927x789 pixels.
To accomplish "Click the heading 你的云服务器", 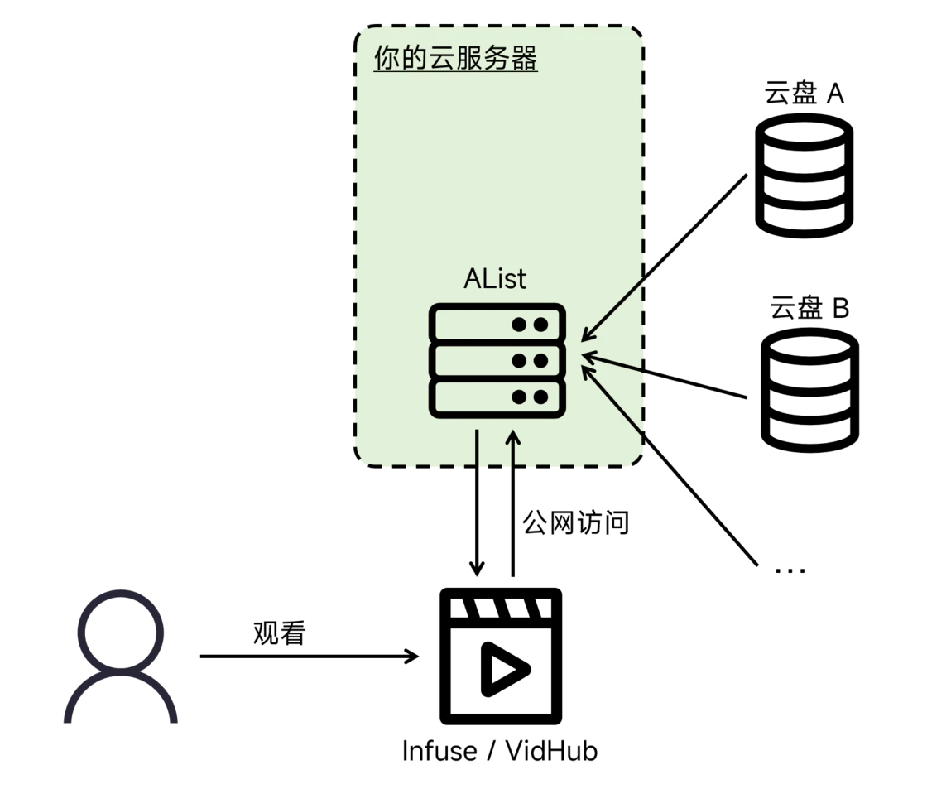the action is pos(455,58).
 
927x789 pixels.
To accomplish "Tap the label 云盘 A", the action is pos(804,93).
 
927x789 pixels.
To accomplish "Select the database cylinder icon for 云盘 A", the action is pos(804,176).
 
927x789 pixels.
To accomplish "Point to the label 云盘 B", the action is pos(809,307).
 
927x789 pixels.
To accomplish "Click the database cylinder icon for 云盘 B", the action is pos(809,390).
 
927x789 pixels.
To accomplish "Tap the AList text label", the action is pos(495,278).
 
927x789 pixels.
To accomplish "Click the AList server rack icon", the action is pos(497,361).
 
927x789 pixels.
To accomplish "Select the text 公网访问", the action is pos(575,522).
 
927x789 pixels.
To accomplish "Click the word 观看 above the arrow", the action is pos(279,633).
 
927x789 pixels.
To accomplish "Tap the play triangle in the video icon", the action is pos(504,669).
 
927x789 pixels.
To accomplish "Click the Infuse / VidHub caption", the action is pos(500,751).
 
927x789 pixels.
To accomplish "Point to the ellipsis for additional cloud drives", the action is pos(790,570).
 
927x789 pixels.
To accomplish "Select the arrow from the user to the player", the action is pos(310,656).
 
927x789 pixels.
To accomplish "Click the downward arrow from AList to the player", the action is pos(477,503).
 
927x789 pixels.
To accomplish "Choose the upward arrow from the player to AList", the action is pos(513,503).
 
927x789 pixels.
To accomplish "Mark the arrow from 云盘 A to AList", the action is pos(664,257).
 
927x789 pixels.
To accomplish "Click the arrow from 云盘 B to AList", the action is pos(665,376).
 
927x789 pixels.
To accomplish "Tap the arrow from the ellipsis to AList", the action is pos(670,465).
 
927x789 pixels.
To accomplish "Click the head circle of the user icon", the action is pos(121,632).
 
